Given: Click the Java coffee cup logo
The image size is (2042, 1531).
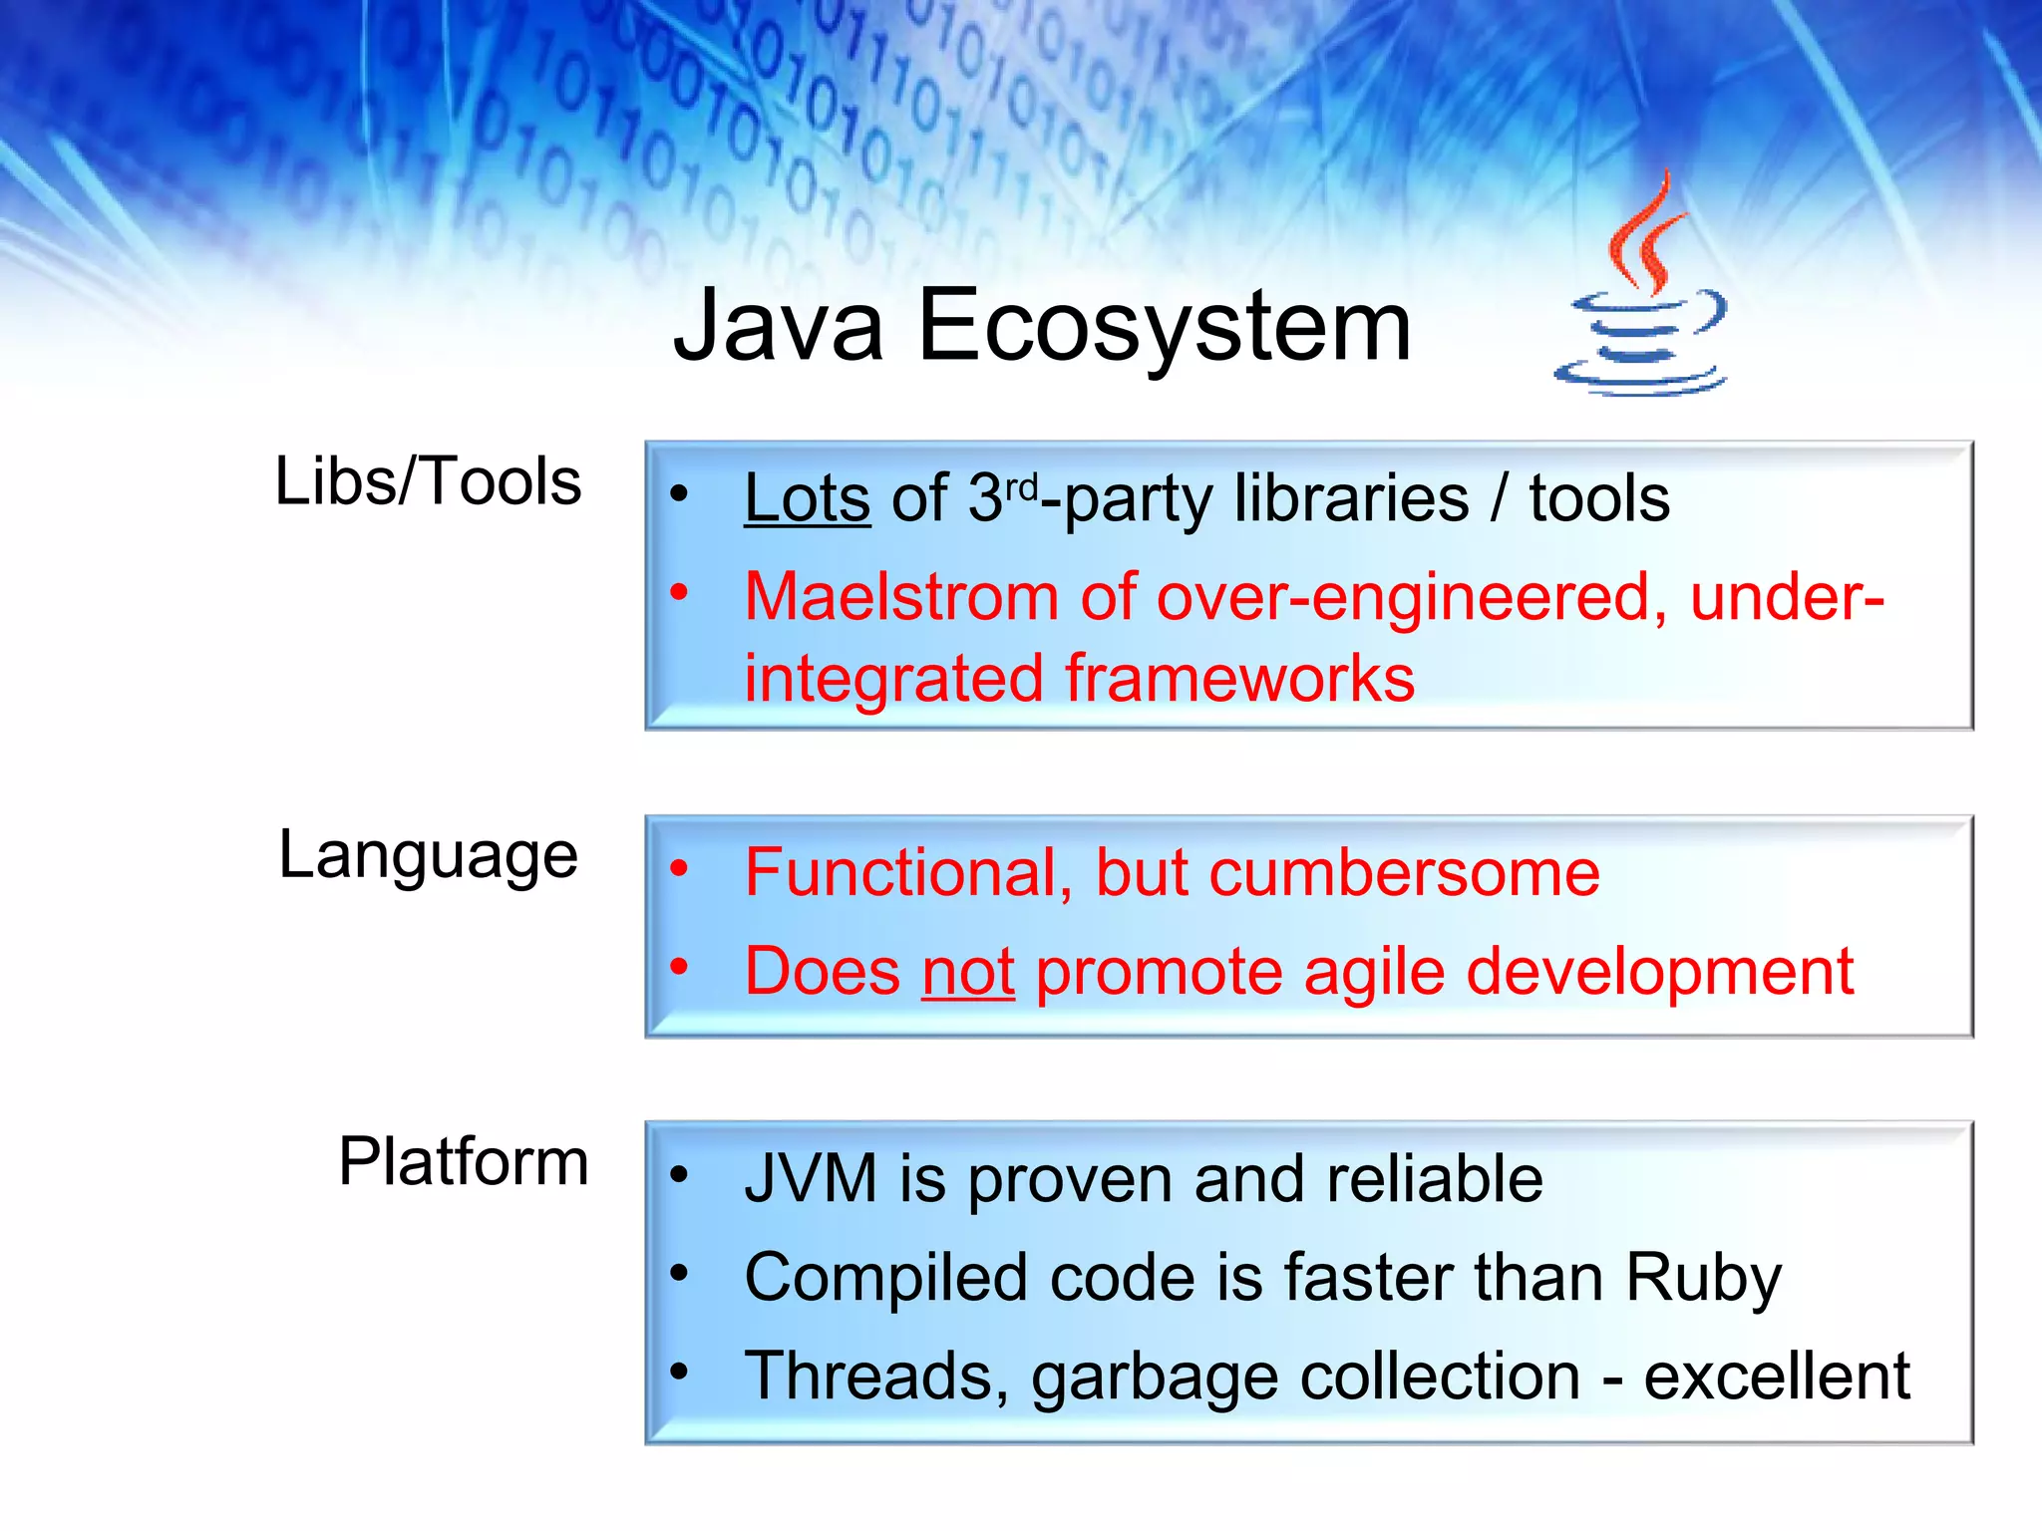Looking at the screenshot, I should [1641, 299].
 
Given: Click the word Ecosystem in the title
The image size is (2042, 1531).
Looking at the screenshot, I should [1164, 325].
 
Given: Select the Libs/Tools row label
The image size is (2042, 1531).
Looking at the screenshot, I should [428, 481].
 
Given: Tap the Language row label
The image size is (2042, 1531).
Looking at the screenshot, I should [428, 855].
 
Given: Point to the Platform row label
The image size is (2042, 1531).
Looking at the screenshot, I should [463, 1161].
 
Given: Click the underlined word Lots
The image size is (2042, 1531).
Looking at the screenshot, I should [807, 498].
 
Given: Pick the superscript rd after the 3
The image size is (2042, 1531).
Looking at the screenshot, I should [1021, 486].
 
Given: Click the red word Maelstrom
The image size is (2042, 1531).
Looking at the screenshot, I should [901, 597].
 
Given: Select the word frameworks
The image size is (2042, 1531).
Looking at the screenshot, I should [1239, 679].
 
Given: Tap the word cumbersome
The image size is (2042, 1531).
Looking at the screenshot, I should [1404, 873].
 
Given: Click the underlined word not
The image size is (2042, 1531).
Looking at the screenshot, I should [968, 972].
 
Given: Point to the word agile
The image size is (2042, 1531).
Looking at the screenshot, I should [1374, 972].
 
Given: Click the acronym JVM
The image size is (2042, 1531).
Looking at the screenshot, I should [811, 1179].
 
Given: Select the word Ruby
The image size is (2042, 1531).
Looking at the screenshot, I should [1703, 1278].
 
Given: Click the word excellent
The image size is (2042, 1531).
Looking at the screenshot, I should [1776, 1377].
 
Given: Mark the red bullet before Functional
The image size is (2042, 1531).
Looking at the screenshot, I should [679, 868].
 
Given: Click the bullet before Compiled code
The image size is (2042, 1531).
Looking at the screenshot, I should [679, 1272].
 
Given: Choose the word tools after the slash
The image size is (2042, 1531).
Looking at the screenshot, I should [1599, 498].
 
